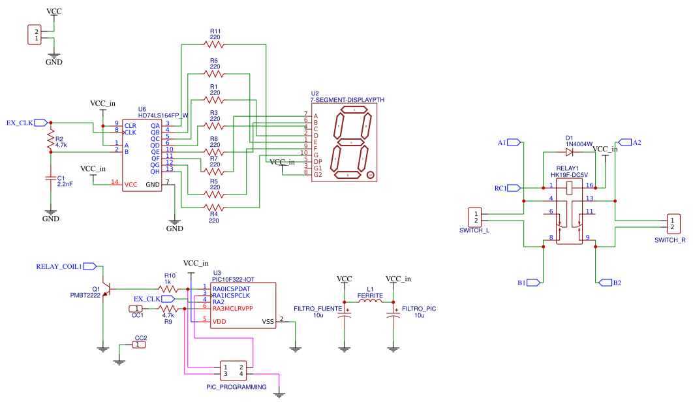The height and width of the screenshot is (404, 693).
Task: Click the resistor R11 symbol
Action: tap(213, 44)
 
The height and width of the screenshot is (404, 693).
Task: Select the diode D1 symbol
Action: tap(570, 152)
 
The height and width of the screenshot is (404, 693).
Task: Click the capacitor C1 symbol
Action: tap(50, 178)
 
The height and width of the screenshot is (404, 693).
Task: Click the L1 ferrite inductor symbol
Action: tap(370, 302)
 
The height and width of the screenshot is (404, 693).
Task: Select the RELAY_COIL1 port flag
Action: tap(90, 266)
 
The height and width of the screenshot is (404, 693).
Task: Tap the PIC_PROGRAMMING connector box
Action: tap(233, 370)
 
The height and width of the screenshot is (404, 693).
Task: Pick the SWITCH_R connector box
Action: tap(673, 224)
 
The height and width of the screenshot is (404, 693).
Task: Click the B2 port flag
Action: tap(602, 283)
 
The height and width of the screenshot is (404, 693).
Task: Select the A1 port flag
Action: tap(514, 142)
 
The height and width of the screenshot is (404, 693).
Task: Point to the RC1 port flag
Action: tap(514, 188)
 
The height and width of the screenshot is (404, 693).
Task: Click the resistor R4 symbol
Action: tap(213, 208)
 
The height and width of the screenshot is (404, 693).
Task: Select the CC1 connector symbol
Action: tap(135, 308)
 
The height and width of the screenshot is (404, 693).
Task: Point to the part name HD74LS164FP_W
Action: tap(163, 116)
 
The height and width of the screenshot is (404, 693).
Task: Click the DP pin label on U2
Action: tap(318, 161)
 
